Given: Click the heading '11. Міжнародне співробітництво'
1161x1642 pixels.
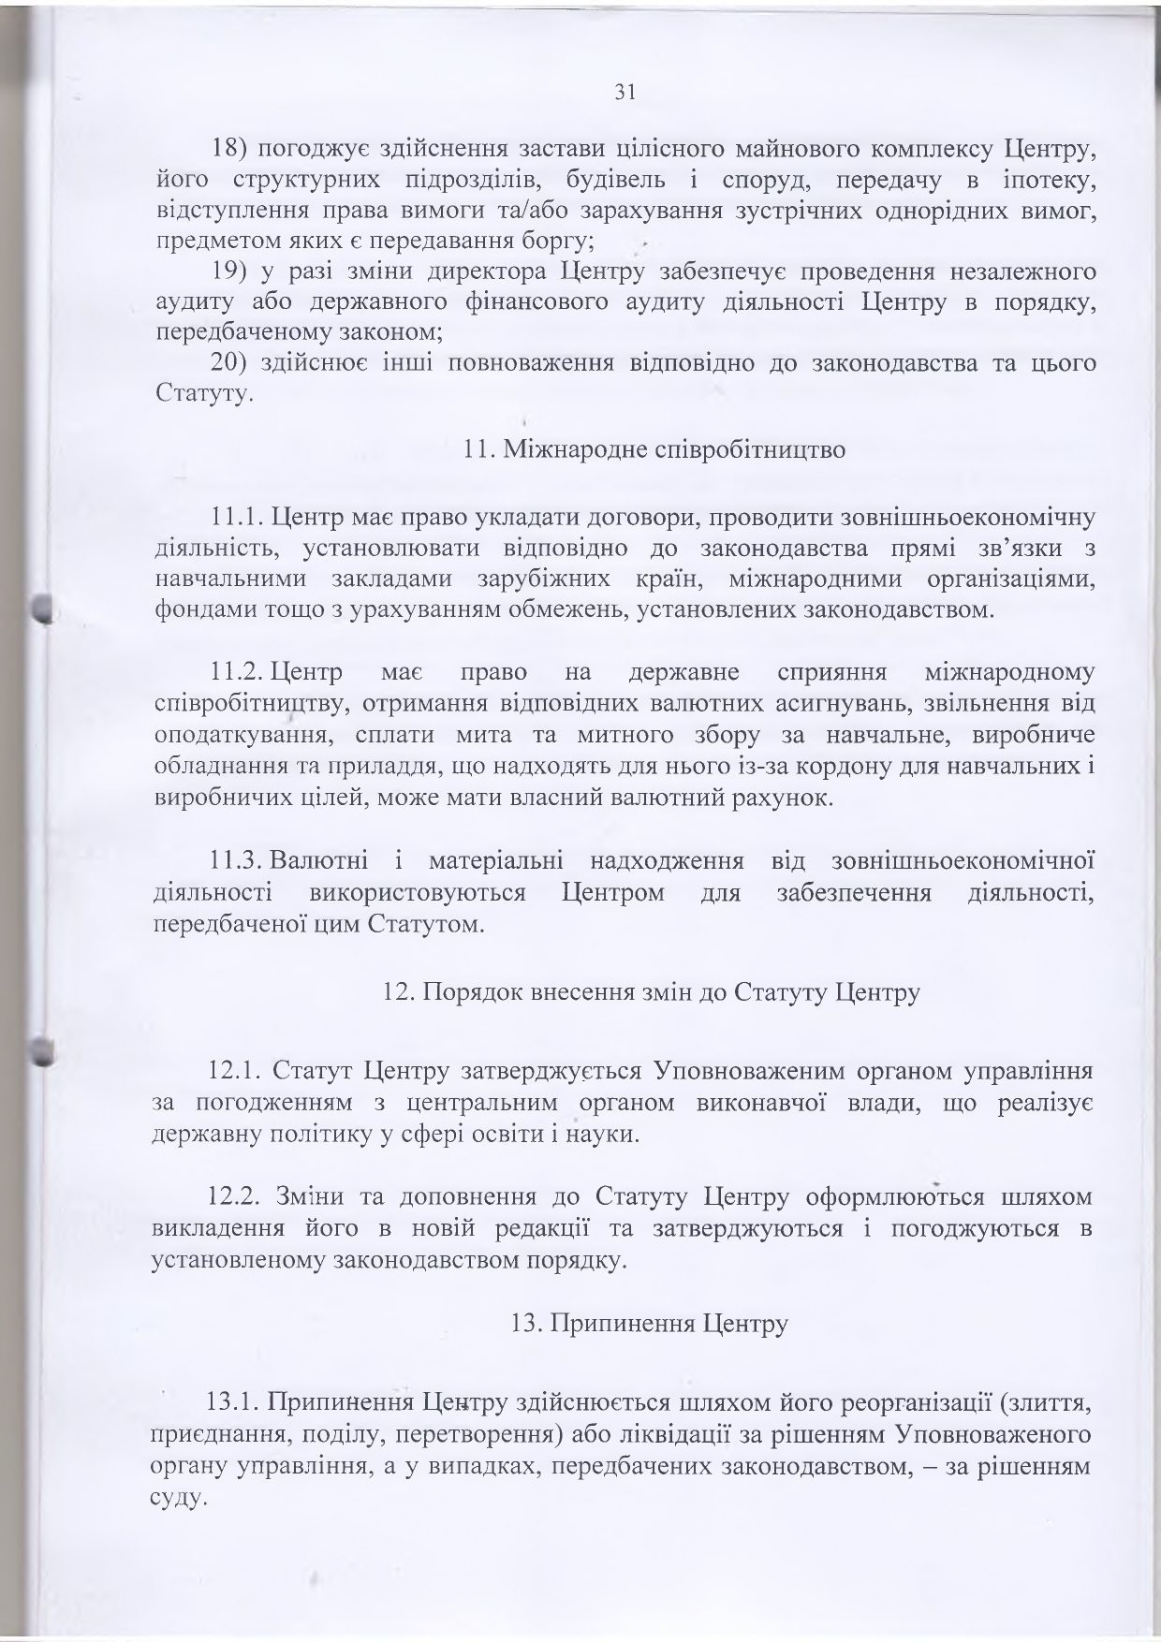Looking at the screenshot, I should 654,449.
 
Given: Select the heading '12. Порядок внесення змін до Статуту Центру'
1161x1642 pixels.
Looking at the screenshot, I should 652,991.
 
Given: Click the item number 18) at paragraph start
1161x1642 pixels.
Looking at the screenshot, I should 228,148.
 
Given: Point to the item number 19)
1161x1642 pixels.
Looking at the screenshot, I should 228,272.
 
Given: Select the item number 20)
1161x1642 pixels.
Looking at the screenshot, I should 228,363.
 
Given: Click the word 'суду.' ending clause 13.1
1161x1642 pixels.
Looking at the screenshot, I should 177,1500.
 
